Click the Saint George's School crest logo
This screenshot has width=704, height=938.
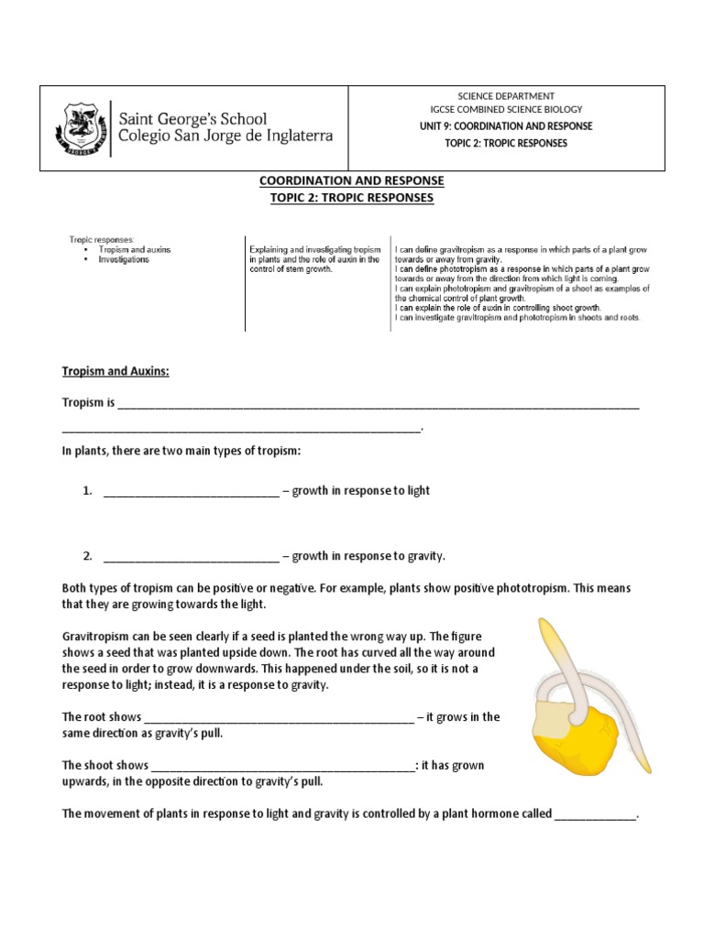coord(84,127)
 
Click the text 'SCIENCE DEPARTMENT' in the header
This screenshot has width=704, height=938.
coord(505,96)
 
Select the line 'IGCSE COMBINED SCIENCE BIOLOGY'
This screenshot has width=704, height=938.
coord(505,110)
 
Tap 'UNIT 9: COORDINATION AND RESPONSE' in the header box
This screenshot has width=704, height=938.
coord(505,125)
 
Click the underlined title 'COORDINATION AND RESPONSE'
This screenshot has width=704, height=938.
coord(352,181)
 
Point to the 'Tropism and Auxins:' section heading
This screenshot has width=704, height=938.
coord(115,371)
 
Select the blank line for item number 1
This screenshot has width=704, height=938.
coord(191,491)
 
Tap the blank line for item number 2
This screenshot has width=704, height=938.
coord(191,556)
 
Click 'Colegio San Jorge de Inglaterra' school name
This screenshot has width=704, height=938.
coord(228,136)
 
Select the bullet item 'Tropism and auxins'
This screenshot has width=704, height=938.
coord(138,249)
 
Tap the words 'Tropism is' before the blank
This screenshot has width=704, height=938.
coord(88,403)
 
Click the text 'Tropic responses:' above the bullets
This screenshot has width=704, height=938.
coord(102,239)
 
